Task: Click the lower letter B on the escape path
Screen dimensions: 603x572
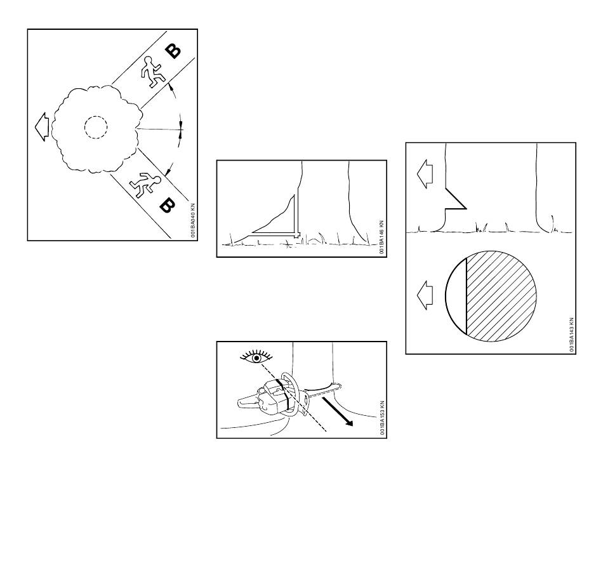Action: tap(167, 206)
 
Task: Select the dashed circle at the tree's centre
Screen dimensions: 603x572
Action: tap(96, 127)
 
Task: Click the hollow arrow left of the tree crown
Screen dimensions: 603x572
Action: tap(41, 126)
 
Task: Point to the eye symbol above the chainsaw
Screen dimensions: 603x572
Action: tap(256, 357)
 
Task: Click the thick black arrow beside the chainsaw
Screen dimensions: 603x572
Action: tap(337, 411)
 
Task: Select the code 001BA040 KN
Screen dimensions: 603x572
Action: tap(193, 220)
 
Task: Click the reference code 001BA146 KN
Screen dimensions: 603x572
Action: tap(381, 237)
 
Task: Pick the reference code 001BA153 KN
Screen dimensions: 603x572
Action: tap(382, 418)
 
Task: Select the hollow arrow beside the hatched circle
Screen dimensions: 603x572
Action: tap(425, 295)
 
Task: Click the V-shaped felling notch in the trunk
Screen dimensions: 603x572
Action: tap(455, 199)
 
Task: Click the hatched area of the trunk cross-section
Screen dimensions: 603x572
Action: tap(501, 296)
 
